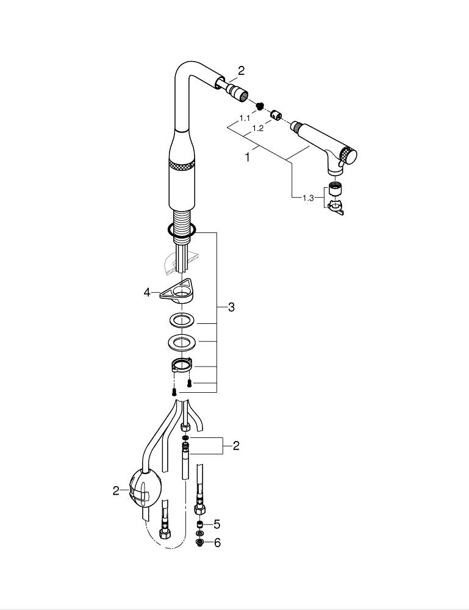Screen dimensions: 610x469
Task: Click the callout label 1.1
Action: [x=245, y=117]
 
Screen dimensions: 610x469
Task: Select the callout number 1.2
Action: [x=258, y=129]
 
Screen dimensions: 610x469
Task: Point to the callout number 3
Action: [x=231, y=307]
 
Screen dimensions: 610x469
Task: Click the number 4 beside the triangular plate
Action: [x=146, y=293]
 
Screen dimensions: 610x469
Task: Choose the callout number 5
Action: [x=217, y=524]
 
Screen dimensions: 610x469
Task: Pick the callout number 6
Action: [x=217, y=542]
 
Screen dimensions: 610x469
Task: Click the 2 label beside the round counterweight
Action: [x=116, y=490]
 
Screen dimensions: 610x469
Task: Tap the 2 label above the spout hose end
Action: [x=241, y=71]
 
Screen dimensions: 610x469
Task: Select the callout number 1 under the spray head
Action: [x=248, y=157]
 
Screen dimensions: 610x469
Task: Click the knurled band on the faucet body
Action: [x=182, y=167]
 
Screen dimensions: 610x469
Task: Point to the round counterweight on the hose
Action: [x=145, y=489]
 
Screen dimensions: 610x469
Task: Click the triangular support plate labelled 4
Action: [x=177, y=293]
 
